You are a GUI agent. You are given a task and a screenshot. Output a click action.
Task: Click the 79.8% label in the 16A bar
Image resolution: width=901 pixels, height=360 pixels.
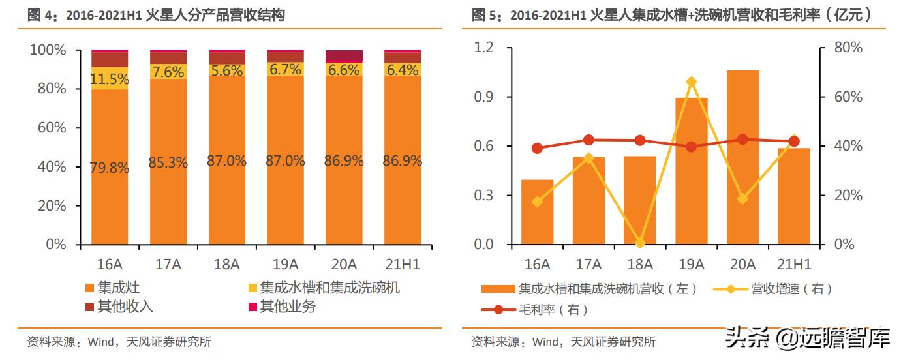110,168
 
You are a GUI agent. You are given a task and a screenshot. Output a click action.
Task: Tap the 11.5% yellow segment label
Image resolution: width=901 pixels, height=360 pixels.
110,80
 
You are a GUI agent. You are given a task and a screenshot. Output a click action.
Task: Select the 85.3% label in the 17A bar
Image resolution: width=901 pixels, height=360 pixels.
168,162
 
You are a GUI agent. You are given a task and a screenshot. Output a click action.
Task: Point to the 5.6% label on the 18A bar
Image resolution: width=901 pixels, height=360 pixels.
227,71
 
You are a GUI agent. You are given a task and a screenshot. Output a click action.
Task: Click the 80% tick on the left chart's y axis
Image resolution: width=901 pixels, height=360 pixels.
48,89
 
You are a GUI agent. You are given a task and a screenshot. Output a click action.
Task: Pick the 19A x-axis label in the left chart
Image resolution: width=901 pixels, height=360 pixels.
285,264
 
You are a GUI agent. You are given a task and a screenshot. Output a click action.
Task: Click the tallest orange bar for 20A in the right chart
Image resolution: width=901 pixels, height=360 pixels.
742,157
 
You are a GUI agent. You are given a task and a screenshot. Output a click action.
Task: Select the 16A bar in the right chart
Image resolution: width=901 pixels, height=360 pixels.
537,212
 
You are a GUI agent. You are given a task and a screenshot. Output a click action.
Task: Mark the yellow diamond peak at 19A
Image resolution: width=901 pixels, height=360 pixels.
692,82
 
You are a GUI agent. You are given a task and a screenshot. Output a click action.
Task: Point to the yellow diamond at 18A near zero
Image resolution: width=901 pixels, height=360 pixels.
640,243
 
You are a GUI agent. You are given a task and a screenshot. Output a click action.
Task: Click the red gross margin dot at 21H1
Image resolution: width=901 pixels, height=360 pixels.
794,142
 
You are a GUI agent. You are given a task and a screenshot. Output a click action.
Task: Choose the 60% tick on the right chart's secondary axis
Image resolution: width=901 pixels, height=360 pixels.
849,97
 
